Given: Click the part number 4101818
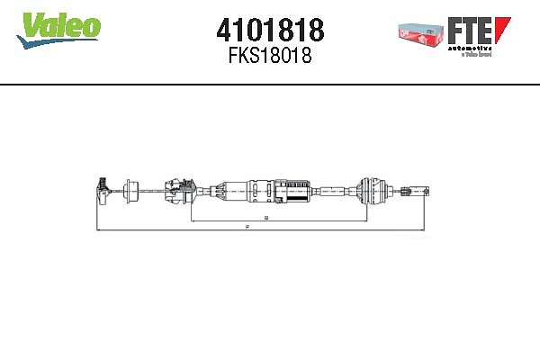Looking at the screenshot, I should [270, 30].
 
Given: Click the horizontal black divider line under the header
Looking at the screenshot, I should [270, 85].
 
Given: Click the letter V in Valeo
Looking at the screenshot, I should [29, 26].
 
